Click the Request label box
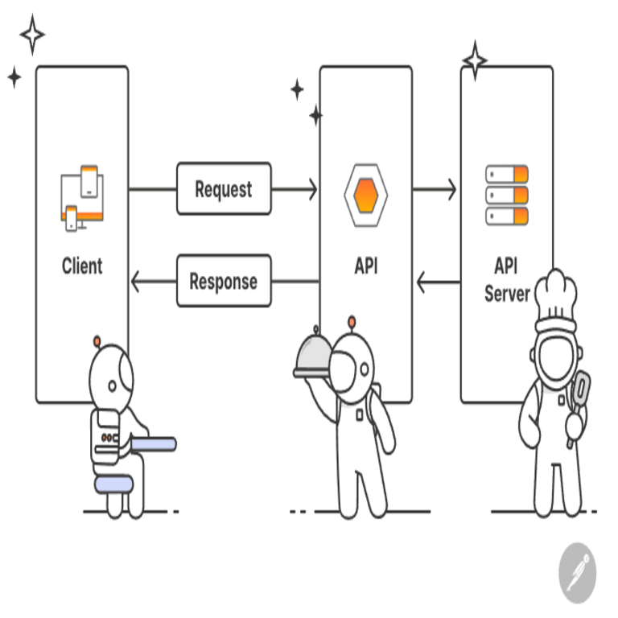coord(224,189)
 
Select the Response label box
coord(224,281)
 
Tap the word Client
coord(82,266)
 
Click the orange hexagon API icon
coord(366,194)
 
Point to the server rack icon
coord(506,195)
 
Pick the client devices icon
coord(83,196)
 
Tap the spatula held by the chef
coord(578,394)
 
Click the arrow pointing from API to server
coord(435,190)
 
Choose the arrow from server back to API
coord(437,282)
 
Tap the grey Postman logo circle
coord(578,573)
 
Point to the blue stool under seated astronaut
coord(113,483)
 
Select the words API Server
coord(506,279)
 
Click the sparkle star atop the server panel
coord(474,60)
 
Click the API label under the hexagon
coord(366,266)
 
